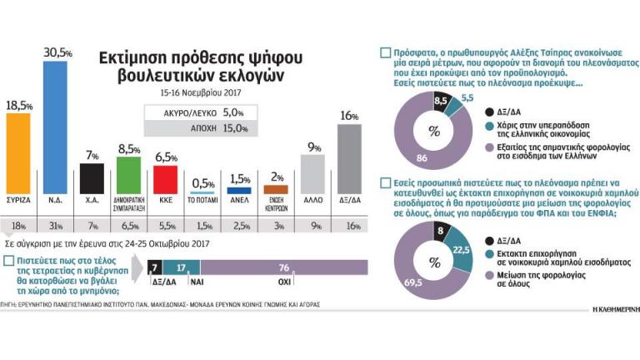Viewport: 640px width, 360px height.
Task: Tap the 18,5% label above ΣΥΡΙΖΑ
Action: coord(20,106)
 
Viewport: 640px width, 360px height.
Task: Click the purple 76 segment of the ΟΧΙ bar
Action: coord(283,267)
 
